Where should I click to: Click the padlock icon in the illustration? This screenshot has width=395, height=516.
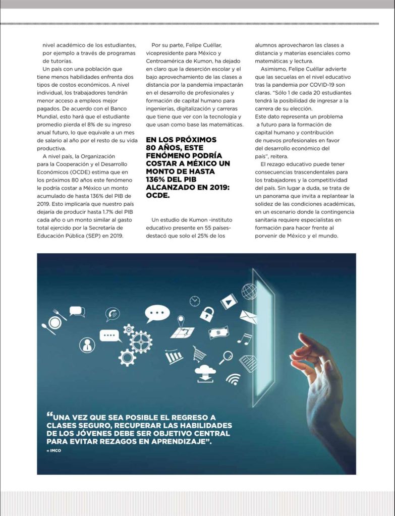pos(207,314)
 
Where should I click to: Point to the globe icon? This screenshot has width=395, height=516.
pos(249,291)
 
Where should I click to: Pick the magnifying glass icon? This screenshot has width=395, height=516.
pos(225,357)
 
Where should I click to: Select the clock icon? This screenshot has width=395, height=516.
pos(195,301)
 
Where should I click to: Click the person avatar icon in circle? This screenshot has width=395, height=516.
pos(87,345)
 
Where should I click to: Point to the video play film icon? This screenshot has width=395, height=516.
pos(229,301)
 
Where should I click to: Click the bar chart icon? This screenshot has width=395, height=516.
pos(175,357)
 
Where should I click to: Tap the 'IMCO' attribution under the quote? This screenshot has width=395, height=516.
pos(54,450)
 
